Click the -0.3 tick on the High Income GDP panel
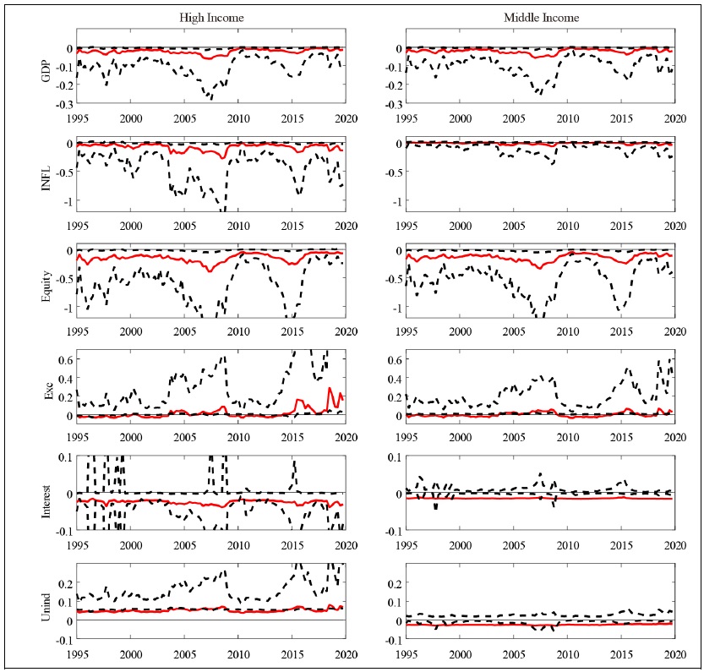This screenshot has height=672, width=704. [64, 106]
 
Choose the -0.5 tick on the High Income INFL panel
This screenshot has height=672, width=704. [64, 174]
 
